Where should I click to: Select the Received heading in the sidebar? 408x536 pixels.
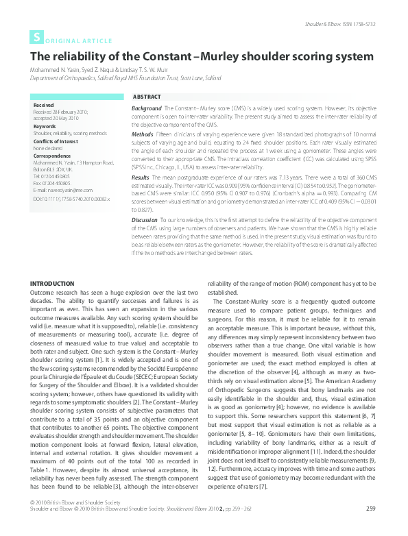pyautogui.click(x=43, y=106)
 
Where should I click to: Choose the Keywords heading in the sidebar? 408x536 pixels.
pyautogui.click(x=44, y=126)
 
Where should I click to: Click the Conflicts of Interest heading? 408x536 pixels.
pyautogui.click(x=53, y=141)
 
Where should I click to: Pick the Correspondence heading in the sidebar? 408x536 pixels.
pyautogui.click(x=50, y=157)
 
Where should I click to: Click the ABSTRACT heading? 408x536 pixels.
pyautogui.click(x=146, y=97)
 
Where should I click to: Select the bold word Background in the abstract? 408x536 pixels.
pyautogui.click(x=146, y=109)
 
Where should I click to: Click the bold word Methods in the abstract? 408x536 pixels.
pyautogui.click(x=143, y=136)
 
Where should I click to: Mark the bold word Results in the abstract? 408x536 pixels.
pyautogui.click(x=141, y=177)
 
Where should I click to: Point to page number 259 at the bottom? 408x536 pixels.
pyautogui.click(x=371, y=526)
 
